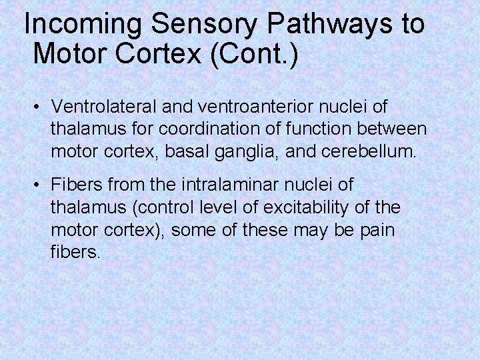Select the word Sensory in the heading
coord(204,25)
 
